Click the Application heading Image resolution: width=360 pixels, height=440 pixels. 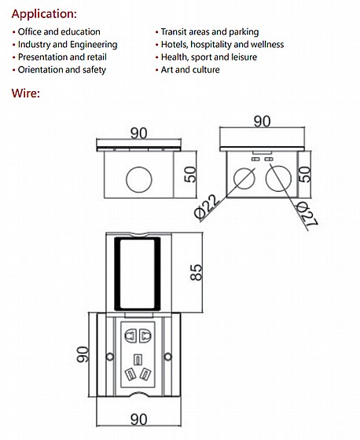click(44, 14)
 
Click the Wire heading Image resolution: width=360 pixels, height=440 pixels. click(26, 93)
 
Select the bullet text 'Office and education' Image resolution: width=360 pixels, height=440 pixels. click(59, 31)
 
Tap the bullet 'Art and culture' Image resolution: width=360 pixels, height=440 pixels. click(190, 70)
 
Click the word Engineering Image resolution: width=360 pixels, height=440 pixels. click(94, 45)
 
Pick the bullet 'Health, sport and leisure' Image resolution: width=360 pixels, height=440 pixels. click(209, 57)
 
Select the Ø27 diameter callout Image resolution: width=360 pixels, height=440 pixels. click(307, 214)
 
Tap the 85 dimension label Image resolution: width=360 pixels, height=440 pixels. click(196, 272)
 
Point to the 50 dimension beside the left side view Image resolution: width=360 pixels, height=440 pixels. click(190, 174)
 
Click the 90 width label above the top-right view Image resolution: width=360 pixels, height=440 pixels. click(262, 121)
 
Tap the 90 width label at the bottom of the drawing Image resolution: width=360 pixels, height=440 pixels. click(138, 420)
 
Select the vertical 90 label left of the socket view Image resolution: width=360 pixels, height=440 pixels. click(83, 354)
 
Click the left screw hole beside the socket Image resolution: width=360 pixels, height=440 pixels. click(110, 357)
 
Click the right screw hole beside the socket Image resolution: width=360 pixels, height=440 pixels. click(167, 357)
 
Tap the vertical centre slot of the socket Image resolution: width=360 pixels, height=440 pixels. click(138, 360)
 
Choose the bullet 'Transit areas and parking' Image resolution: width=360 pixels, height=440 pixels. click(210, 31)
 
